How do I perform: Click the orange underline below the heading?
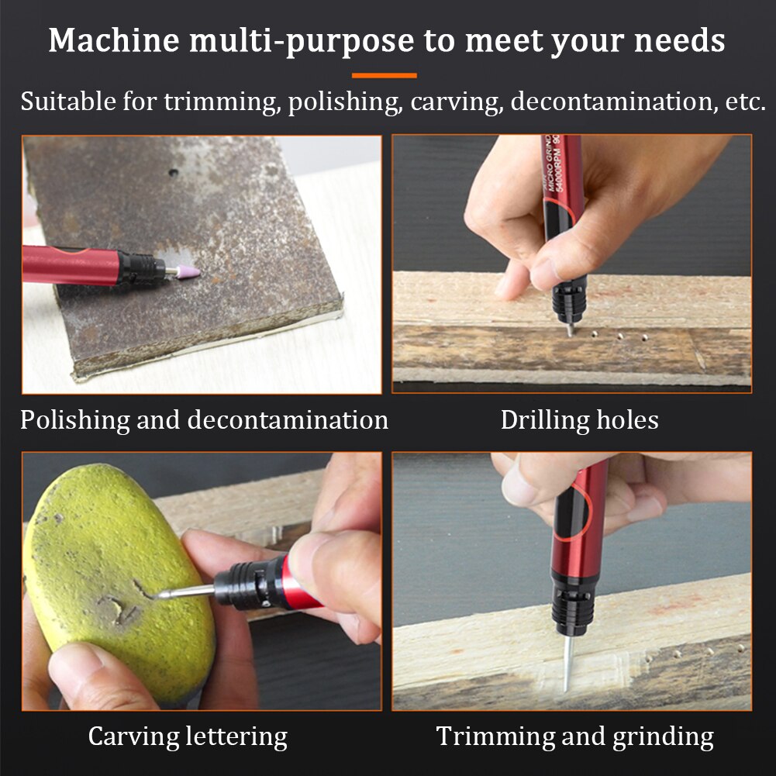tap(384, 75)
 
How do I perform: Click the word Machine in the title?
tap(109, 40)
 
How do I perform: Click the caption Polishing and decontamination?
tap(204, 419)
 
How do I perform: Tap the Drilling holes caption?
tap(579, 419)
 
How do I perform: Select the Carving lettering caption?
tap(188, 736)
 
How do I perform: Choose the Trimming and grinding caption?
tap(574, 736)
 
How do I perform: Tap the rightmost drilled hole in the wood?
tap(643, 338)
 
